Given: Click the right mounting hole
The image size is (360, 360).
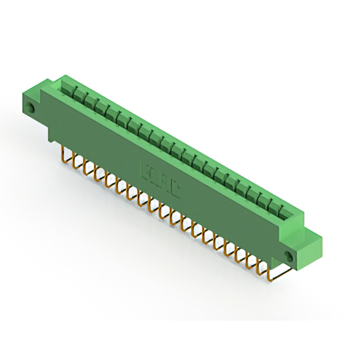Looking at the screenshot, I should [x=291, y=255].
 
